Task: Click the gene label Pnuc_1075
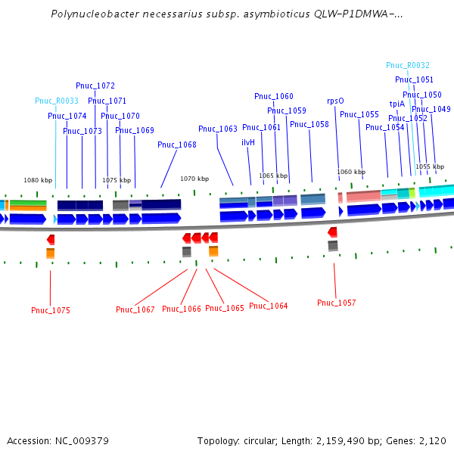click(x=51, y=310)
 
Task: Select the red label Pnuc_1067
click(x=135, y=309)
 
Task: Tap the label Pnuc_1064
click(x=269, y=306)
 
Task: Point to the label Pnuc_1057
click(x=337, y=303)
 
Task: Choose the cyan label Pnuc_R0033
click(x=57, y=101)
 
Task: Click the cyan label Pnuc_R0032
click(x=408, y=65)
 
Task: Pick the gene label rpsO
click(x=335, y=101)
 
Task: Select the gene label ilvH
click(x=248, y=142)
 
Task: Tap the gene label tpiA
click(x=397, y=104)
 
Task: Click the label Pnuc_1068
click(x=177, y=145)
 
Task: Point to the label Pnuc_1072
click(x=95, y=86)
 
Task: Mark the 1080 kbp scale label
click(x=38, y=180)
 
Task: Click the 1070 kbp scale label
click(x=194, y=179)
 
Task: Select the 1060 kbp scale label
click(x=351, y=172)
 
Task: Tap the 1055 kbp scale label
click(x=430, y=166)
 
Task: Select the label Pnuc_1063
click(x=218, y=129)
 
